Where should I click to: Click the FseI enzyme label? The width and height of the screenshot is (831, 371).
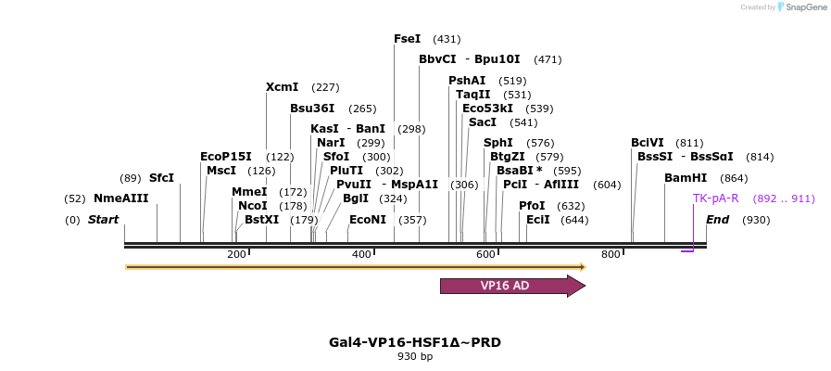coord(408,39)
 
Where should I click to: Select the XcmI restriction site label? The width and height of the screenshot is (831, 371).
coord(282,87)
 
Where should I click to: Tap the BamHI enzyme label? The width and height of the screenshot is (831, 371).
coord(686,178)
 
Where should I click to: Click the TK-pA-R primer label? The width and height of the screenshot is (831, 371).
coord(716,198)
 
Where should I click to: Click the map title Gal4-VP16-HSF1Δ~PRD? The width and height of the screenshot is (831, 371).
coord(415,341)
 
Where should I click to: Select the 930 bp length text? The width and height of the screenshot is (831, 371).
coord(415,356)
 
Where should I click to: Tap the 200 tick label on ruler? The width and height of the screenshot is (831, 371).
coord(236,254)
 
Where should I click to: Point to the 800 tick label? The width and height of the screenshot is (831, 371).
coord(610,254)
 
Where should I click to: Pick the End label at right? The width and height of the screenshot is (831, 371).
coord(718,220)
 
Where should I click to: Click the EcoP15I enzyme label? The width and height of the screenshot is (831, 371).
coord(226,157)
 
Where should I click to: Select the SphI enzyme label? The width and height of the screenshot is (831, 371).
coord(498,143)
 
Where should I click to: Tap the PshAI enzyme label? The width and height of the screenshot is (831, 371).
coord(467,81)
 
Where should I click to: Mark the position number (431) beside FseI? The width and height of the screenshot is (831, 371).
coord(447,39)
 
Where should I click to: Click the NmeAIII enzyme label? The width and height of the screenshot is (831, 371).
coord(120,198)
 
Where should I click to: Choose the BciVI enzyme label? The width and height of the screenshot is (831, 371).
coord(648,143)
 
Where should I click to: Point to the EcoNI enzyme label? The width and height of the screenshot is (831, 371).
coord(368,220)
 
